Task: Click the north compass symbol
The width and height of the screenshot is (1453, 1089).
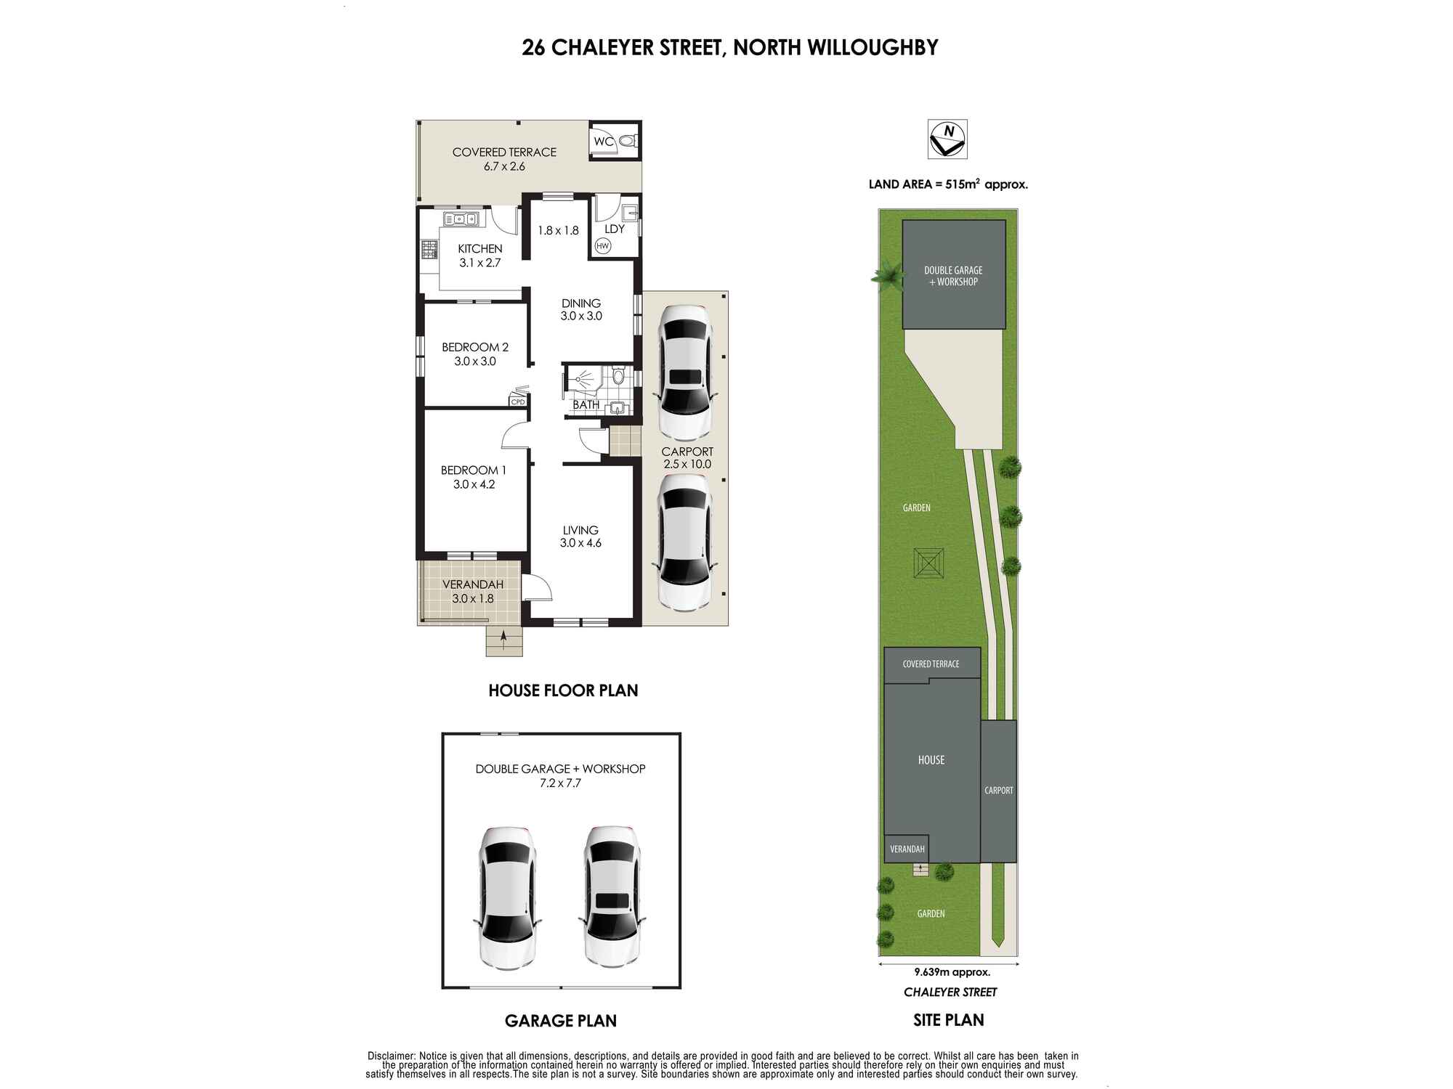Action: (947, 139)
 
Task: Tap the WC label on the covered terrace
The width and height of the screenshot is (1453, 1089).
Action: (603, 142)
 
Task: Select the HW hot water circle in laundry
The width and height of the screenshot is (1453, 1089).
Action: (602, 246)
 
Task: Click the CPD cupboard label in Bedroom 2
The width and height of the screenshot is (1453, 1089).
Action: (518, 401)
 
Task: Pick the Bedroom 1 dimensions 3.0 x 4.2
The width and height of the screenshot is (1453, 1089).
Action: (474, 484)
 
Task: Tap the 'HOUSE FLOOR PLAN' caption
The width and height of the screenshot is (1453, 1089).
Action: (563, 690)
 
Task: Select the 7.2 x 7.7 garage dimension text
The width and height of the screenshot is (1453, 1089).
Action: (560, 783)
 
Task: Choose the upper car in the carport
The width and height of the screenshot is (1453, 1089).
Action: (684, 372)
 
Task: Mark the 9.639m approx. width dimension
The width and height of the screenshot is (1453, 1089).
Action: (952, 972)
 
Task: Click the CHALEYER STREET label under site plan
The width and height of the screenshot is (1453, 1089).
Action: (950, 992)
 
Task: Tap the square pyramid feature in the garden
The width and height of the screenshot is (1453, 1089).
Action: (929, 563)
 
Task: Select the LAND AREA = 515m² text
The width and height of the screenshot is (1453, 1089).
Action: (947, 184)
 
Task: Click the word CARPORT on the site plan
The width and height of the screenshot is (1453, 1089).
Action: (998, 790)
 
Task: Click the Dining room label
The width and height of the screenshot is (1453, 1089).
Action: (581, 303)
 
